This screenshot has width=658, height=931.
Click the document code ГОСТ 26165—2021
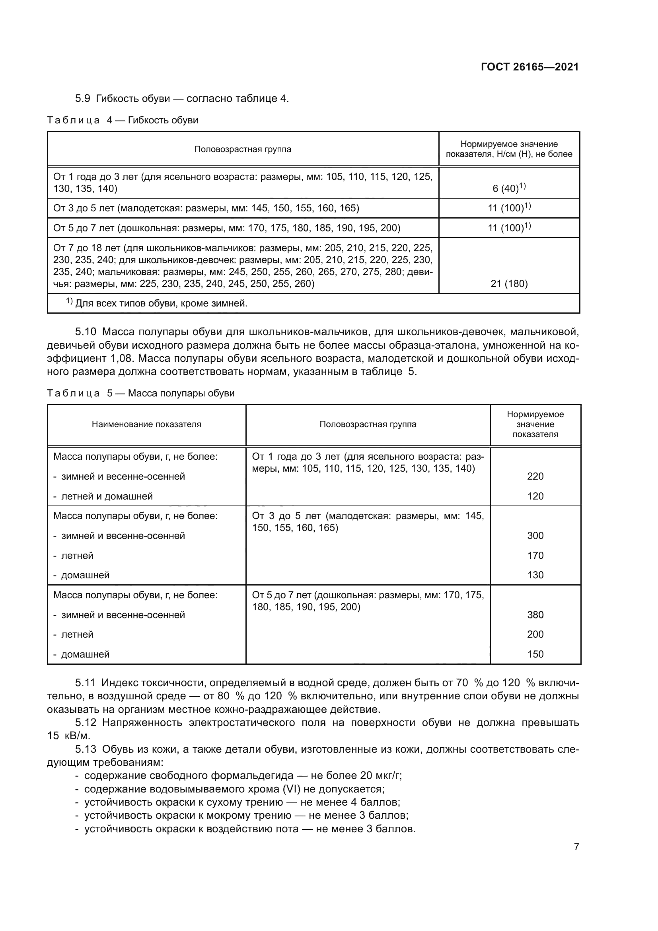[x=530, y=67]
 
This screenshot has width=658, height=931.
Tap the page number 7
[x=576, y=847]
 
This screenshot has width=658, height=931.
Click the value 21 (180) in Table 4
[x=509, y=283]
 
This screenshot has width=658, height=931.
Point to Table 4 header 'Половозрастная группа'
[x=243, y=149]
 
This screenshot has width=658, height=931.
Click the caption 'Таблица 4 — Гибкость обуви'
[x=123, y=121]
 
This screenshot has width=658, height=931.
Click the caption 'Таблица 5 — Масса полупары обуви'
[x=140, y=393]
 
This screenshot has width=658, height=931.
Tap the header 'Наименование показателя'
[x=146, y=425]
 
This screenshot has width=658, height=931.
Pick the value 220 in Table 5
[x=535, y=476]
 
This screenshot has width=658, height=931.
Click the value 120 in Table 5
[x=535, y=496]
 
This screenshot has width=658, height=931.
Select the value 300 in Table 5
[x=535, y=536]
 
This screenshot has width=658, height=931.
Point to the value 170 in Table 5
[x=535, y=556]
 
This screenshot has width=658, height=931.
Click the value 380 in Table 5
[x=535, y=615]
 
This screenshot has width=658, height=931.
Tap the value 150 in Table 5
[x=535, y=654]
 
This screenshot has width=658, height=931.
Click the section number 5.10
[x=86, y=332]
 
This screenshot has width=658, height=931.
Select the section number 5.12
[x=86, y=722]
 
